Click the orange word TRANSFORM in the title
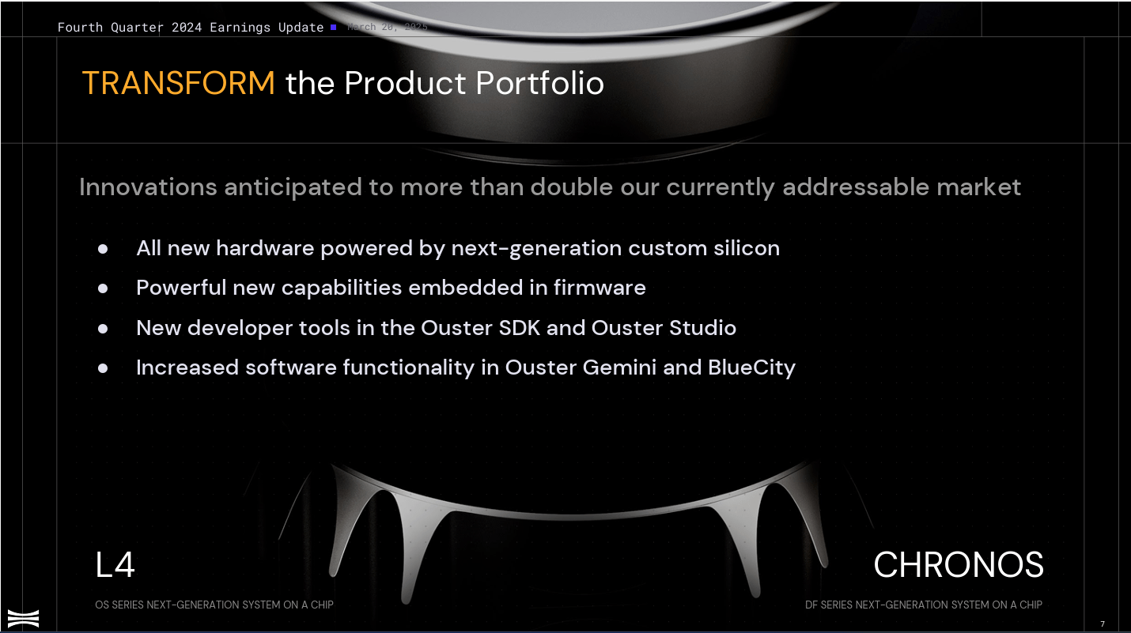tap(178, 83)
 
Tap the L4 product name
tap(115, 565)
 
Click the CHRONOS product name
tap(959, 565)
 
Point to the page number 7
tap(1103, 624)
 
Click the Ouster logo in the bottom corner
tap(23, 618)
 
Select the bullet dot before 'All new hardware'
tap(103, 248)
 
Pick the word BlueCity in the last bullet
tap(751, 367)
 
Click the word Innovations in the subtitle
tap(148, 187)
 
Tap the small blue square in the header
tap(334, 27)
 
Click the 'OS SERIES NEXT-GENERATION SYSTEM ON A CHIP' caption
tap(214, 605)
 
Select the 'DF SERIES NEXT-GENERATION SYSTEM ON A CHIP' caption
tap(923, 605)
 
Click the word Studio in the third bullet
tap(703, 327)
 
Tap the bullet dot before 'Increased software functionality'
tap(103, 367)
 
